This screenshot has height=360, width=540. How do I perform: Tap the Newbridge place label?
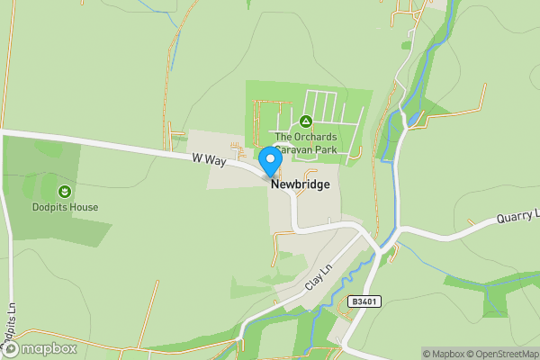[300, 184]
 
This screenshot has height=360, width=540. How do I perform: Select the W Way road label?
[207, 159]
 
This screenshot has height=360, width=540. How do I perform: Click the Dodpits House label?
[65, 207]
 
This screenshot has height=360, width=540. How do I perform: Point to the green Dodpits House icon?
[65, 192]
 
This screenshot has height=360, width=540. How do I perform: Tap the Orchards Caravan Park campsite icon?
[305, 121]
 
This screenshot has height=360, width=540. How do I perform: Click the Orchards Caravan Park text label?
[305, 142]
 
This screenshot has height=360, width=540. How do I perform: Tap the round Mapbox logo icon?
[11, 349]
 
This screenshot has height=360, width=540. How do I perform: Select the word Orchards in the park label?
[312, 137]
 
